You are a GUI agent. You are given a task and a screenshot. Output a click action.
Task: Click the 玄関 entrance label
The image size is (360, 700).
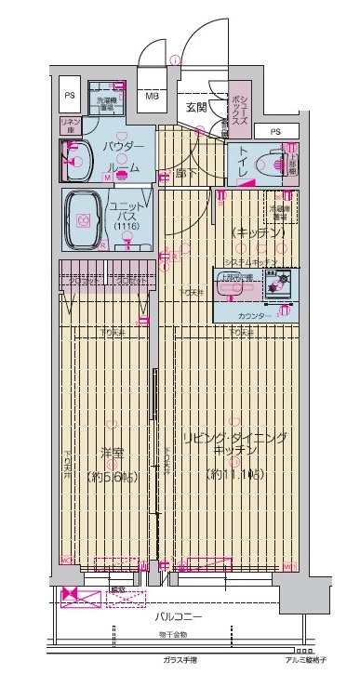[x=194, y=108]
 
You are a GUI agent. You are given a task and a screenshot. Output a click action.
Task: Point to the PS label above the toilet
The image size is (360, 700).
[x=274, y=131]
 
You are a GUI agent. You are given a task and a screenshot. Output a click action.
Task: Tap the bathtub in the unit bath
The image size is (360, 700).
[x=85, y=220]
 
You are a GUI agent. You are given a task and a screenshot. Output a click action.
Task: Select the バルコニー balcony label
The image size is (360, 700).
[x=174, y=614]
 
